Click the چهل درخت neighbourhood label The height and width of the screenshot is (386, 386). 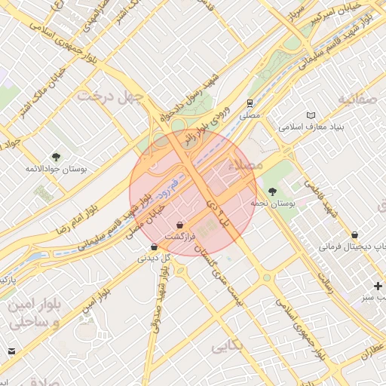point(113,96)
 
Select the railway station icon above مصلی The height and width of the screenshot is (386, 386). point(249,103)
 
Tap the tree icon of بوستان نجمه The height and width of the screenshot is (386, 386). point(271,191)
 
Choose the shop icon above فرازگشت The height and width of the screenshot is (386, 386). point(179,225)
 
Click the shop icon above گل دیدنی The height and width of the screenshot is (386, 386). point(155,246)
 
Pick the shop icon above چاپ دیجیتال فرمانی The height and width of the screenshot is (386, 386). point(354,234)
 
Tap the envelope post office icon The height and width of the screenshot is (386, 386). point(11,351)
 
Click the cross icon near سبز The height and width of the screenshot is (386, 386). point(378,286)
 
